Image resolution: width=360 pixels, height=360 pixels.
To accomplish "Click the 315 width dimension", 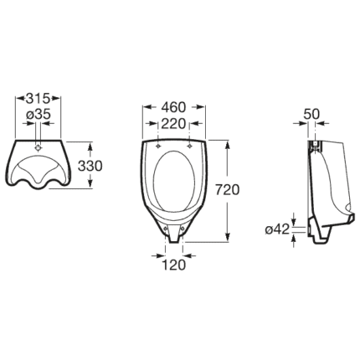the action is tap(38, 98).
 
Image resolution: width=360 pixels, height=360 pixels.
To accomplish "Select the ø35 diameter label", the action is tap(39, 115).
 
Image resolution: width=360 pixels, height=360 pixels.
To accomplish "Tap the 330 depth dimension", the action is tap(90, 166).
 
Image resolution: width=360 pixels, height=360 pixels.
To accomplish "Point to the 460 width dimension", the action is tap(173, 107).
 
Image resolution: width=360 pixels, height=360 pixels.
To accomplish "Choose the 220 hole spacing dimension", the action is tap(173, 124).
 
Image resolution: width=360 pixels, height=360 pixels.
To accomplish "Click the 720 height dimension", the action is tap(228, 190).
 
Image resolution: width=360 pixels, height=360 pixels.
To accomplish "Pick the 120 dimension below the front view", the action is tap(173, 265).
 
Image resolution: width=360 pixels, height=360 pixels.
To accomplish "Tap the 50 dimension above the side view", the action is tap(311, 114).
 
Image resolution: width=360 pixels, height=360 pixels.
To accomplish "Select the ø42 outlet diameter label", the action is tap(277, 229).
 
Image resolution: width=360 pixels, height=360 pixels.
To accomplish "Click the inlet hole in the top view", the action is tap(38, 147).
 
